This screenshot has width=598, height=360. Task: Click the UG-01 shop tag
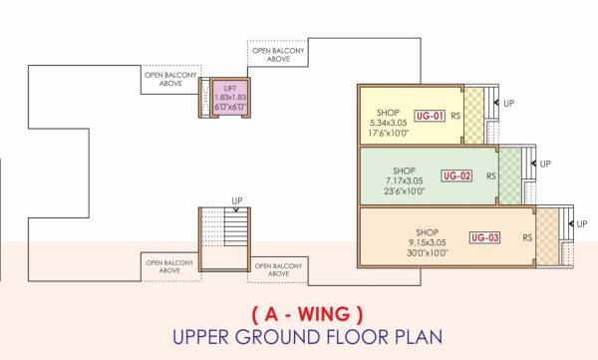point(429,116)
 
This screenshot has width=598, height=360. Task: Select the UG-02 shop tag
point(455,177)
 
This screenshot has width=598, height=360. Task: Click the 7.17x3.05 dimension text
point(404,181)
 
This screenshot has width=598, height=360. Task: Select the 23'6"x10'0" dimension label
point(404,192)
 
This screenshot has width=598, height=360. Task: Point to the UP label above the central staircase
point(237,200)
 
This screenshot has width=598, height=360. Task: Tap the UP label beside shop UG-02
point(544,163)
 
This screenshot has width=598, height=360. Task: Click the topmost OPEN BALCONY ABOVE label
point(276,55)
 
